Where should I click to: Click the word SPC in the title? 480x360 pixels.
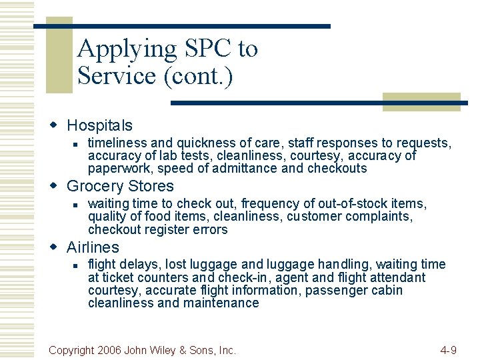[201, 49]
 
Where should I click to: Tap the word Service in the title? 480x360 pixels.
[117, 76]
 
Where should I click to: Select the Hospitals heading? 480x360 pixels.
[99, 125]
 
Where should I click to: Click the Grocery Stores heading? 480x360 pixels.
[120, 186]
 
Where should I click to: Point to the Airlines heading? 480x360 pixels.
[93, 247]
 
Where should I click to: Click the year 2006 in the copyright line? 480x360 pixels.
[111, 349]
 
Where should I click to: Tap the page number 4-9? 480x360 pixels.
[449, 349]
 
